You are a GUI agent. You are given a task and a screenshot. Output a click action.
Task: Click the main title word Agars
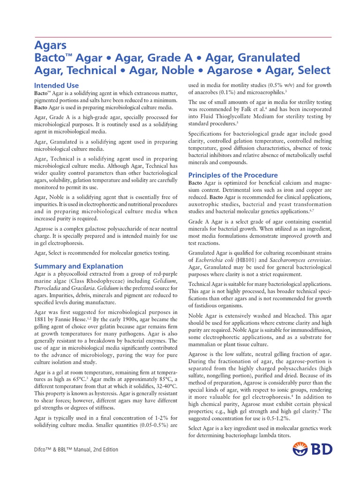pyautogui.click(x=51, y=45)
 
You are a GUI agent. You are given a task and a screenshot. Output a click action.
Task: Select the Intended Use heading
pyautogui.click(x=57, y=86)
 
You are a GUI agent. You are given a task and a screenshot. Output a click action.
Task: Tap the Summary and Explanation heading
pyautogui.click(x=79, y=266)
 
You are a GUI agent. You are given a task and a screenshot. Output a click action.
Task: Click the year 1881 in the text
pyautogui.click(x=42, y=319)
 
